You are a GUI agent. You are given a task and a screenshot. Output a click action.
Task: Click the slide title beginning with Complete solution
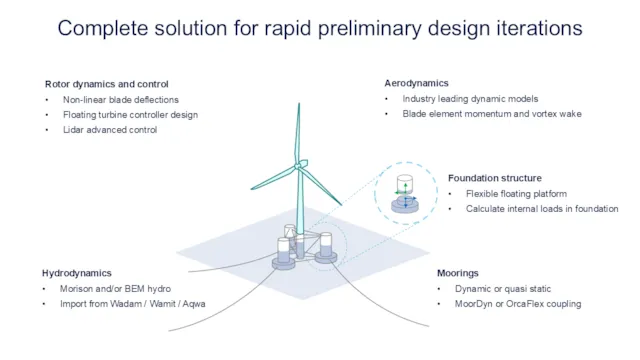tap(320, 27)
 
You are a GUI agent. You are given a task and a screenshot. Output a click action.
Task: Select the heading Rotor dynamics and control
tap(107, 84)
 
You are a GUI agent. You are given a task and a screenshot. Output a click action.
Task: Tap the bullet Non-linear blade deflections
tap(120, 99)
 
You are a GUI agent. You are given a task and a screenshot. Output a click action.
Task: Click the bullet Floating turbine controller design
tap(130, 114)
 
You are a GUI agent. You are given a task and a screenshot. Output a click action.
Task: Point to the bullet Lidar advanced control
tap(110, 129)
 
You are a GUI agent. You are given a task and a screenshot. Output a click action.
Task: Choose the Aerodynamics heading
tap(416, 83)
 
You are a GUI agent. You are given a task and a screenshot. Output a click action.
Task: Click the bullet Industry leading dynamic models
tap(470, 99)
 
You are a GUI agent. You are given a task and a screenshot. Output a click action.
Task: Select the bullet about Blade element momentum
tap(491, 114)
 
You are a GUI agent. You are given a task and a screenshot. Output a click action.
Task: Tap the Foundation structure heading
tap(494, 178)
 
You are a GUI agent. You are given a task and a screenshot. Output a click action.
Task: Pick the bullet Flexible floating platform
tap(516, 193)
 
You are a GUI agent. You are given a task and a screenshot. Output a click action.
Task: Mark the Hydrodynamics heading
tap(77, 273)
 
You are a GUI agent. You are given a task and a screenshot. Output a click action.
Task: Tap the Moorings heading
tap(457, 273)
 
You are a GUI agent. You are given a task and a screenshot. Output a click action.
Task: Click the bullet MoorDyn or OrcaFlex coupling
tap(517, 303)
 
